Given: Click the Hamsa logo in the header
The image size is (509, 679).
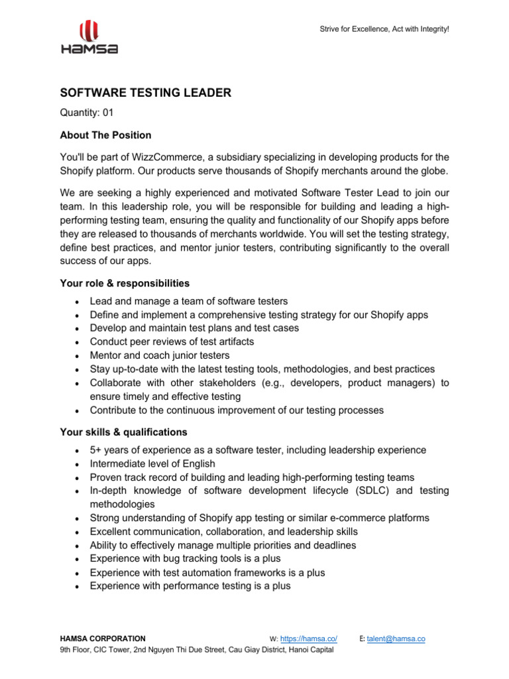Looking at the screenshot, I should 88,37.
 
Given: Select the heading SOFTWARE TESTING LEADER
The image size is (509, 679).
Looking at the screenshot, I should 146,93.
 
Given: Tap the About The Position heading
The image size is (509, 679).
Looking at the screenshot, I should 105,135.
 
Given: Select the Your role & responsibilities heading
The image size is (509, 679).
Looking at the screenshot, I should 125,283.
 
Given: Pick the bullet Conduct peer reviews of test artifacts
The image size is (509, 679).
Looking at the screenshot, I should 172,341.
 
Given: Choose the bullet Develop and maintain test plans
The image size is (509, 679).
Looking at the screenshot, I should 194,328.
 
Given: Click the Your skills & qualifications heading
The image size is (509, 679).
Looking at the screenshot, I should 123,432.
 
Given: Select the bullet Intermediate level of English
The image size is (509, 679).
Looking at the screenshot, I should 152,463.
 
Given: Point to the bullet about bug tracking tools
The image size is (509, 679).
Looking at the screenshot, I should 185,559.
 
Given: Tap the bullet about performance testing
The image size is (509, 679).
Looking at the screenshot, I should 190,586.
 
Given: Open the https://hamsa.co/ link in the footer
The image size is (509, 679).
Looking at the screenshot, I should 309,639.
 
